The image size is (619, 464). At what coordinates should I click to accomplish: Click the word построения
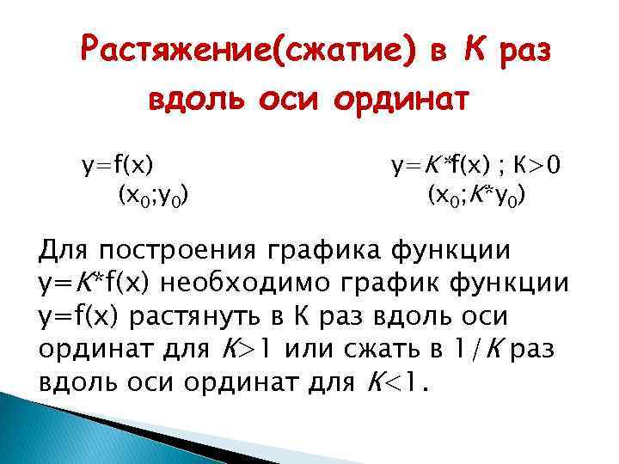181,253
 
